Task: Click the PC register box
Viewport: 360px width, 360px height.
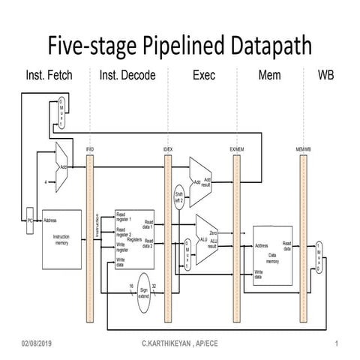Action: (x=29, y=221)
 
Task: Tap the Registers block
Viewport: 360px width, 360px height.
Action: (x=134, y=238)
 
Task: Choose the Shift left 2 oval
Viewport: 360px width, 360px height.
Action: (x=179, y=194)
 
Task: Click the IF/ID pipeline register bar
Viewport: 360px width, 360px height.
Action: (x=90, y=225)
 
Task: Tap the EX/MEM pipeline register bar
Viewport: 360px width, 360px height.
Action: (x=235, y=225)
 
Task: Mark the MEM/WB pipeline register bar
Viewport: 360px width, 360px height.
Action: (x=303, y=225)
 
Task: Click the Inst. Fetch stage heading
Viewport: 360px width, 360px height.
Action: (x=48, y=76)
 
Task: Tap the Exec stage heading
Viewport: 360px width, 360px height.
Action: (x=202, y=76)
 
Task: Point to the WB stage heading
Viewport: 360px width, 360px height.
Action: (x=327, y=76)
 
